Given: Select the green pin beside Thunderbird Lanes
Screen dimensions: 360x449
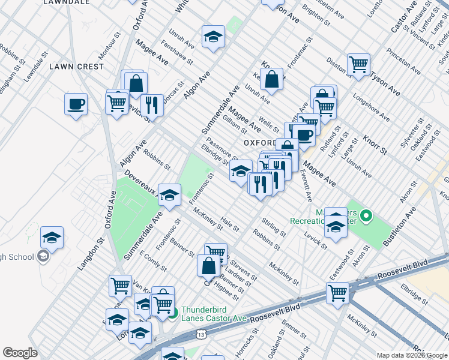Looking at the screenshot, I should coord(172,313).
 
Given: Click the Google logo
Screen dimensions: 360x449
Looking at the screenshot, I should coord(20,353).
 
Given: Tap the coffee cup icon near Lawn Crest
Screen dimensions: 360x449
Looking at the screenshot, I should coord(76,104).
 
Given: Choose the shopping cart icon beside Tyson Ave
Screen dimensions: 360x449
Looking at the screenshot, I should coord(358,64).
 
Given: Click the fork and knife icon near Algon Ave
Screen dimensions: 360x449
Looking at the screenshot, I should coord(151,104).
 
